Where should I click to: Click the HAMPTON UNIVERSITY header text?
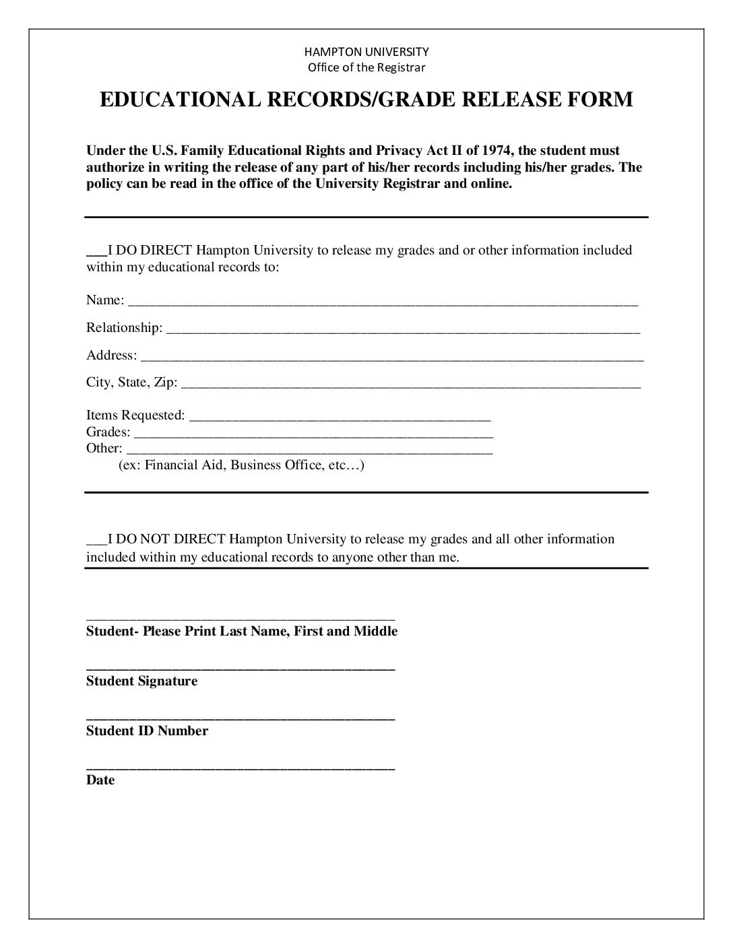(x=366, y=51)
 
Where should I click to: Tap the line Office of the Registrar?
(x=366, y=67)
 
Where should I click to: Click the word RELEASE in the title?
(x=504, y=100)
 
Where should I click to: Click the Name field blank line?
(x=383, y=304)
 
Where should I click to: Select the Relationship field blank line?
(x=403, y=332)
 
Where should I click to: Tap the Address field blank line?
(x=391, y=360)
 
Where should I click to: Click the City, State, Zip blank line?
(x=411, y=386)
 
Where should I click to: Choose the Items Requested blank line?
(x=340, y=419)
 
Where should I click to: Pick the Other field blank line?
(x=310, y=452)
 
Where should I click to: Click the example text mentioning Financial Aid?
(x=241, y=465)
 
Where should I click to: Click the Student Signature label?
(x=141, y=681)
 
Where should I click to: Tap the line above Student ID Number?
(x=241, y=719)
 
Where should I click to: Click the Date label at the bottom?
(x=100, y=780)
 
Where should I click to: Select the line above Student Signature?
(x=241, y=669)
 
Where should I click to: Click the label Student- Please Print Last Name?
(x=242, y=631)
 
